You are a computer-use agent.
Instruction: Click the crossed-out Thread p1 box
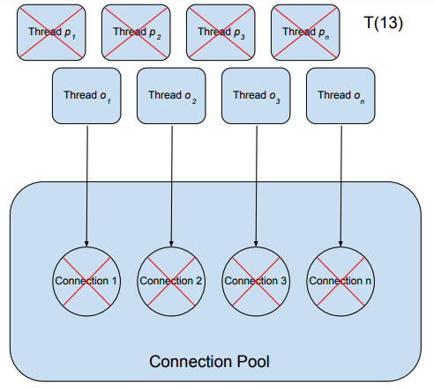[51, 33]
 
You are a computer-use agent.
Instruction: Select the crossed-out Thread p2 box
[136, 33]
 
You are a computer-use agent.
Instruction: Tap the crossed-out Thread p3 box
[221, 33]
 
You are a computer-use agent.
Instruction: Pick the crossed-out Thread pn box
[305, 33]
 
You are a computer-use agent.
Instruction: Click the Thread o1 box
[86, 96]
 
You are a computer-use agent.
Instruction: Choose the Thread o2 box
[171, 96]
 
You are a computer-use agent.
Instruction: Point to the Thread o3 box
[256, 96]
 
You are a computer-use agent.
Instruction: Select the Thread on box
[340, 96]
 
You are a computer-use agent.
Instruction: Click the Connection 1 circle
[86, 282]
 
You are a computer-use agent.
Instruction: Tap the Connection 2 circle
[171, 282]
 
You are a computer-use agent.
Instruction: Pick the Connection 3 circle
[256, 282]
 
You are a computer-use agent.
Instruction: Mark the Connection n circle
[340, 282]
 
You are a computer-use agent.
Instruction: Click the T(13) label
[384, 23]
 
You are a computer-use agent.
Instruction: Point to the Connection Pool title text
[209, 362]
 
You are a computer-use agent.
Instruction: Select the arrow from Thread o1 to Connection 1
[87, 186]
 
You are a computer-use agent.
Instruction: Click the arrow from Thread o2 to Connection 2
[172, 186]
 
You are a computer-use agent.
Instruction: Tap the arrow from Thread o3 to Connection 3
[257, 186]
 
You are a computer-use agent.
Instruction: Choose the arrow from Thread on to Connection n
[341, 186]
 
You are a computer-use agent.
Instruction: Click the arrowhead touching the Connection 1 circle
[86, 244]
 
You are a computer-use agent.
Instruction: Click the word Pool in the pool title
[253, 362]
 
